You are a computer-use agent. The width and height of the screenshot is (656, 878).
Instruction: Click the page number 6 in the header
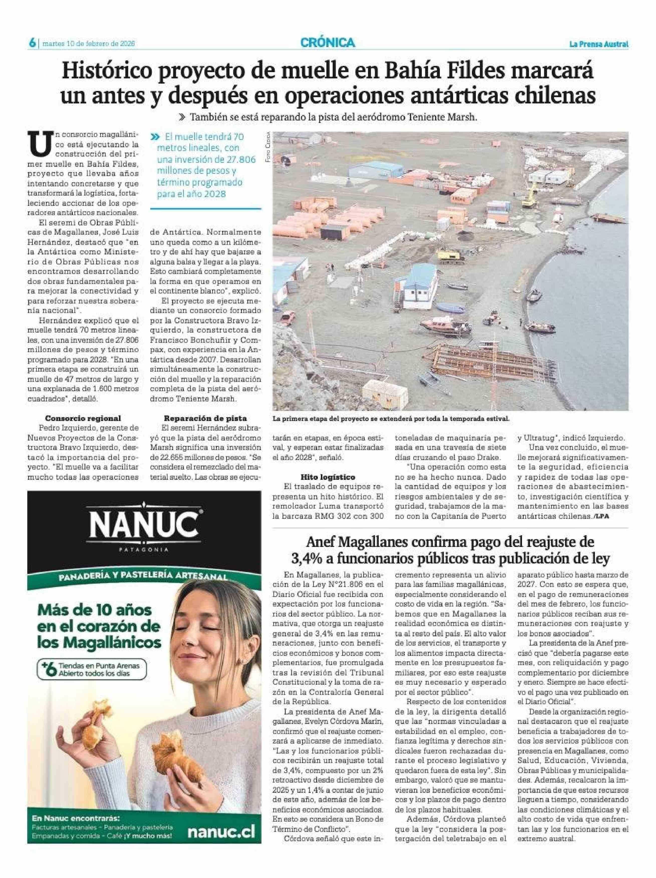[x=32, y=43]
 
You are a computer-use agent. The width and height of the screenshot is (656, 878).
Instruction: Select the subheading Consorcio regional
[x=83, y=418]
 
